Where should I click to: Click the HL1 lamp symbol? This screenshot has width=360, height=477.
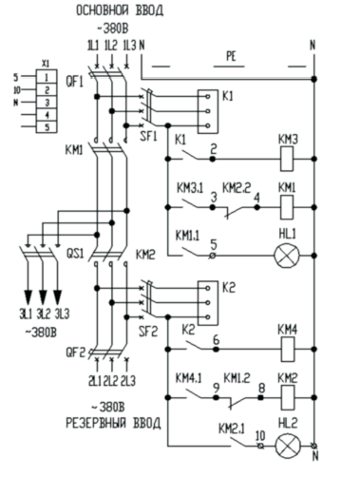[x=287, y=256]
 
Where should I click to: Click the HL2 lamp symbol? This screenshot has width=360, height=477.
[x=288, y=446]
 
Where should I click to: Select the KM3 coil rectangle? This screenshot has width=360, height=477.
[x=287, y=159]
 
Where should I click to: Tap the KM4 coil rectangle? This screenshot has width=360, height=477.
[x=288, y=350]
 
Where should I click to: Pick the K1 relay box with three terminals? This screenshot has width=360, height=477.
[x=208, y=111]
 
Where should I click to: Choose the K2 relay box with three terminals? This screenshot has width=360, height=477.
[x=208, y=303]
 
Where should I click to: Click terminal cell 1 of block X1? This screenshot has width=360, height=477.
[x=47, y=76]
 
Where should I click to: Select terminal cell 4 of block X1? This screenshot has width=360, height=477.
[x=47, y=114]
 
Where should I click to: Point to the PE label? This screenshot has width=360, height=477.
[x=232, y=57]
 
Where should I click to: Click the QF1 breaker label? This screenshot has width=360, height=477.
[x=74, y=82]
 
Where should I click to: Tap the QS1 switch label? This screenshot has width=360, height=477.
[x=75, y=254]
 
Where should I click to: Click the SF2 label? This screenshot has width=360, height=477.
[x=148, y=332]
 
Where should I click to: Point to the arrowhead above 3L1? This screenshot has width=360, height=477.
[x=28, y=296]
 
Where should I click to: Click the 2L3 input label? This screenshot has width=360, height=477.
[x=128, y=380]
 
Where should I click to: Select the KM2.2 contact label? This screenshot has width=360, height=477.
[x=237, y=187]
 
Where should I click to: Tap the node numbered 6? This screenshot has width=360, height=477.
[x=216, y=350]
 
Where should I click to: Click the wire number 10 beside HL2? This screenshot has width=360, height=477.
[x=260, y=436]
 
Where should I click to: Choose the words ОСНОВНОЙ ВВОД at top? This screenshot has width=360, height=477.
[x=120, y=10]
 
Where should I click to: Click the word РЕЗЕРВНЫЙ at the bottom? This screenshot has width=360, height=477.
[x=96, y=423]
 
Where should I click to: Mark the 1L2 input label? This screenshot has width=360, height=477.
[x=111, y=46]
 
